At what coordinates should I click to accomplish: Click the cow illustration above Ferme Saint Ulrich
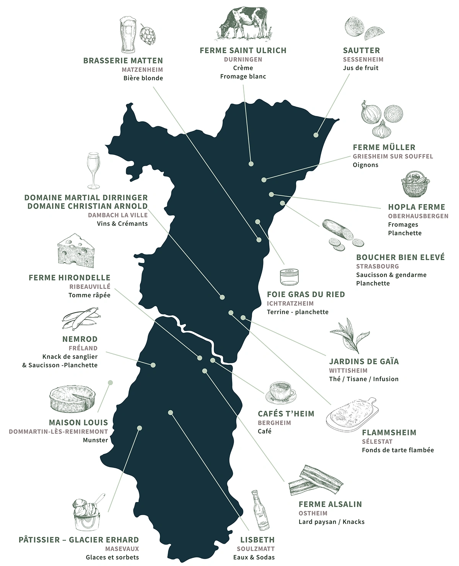click(x=243, y=24)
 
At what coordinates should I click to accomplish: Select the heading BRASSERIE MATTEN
click(x=123, y=60)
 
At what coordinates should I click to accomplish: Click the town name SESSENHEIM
click(x=363, y=59)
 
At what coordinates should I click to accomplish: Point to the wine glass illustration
click(x=93, y=170)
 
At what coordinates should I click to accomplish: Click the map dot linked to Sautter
click(x=316, y=135)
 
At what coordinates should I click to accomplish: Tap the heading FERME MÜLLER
click(x=384, y=147)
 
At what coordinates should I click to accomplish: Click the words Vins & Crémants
click(x=122, y=223)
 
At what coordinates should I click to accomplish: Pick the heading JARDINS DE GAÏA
click(x=364, y=361)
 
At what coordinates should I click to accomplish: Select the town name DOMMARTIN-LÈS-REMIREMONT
click(x=59, y=431)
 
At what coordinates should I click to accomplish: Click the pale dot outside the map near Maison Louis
click(x=111, y=382)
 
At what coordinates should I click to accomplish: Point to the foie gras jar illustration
click(x=289, y=277)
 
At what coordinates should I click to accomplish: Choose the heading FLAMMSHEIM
click(x=389, y=432)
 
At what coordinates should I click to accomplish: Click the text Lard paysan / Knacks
click(x=331, y=522)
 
